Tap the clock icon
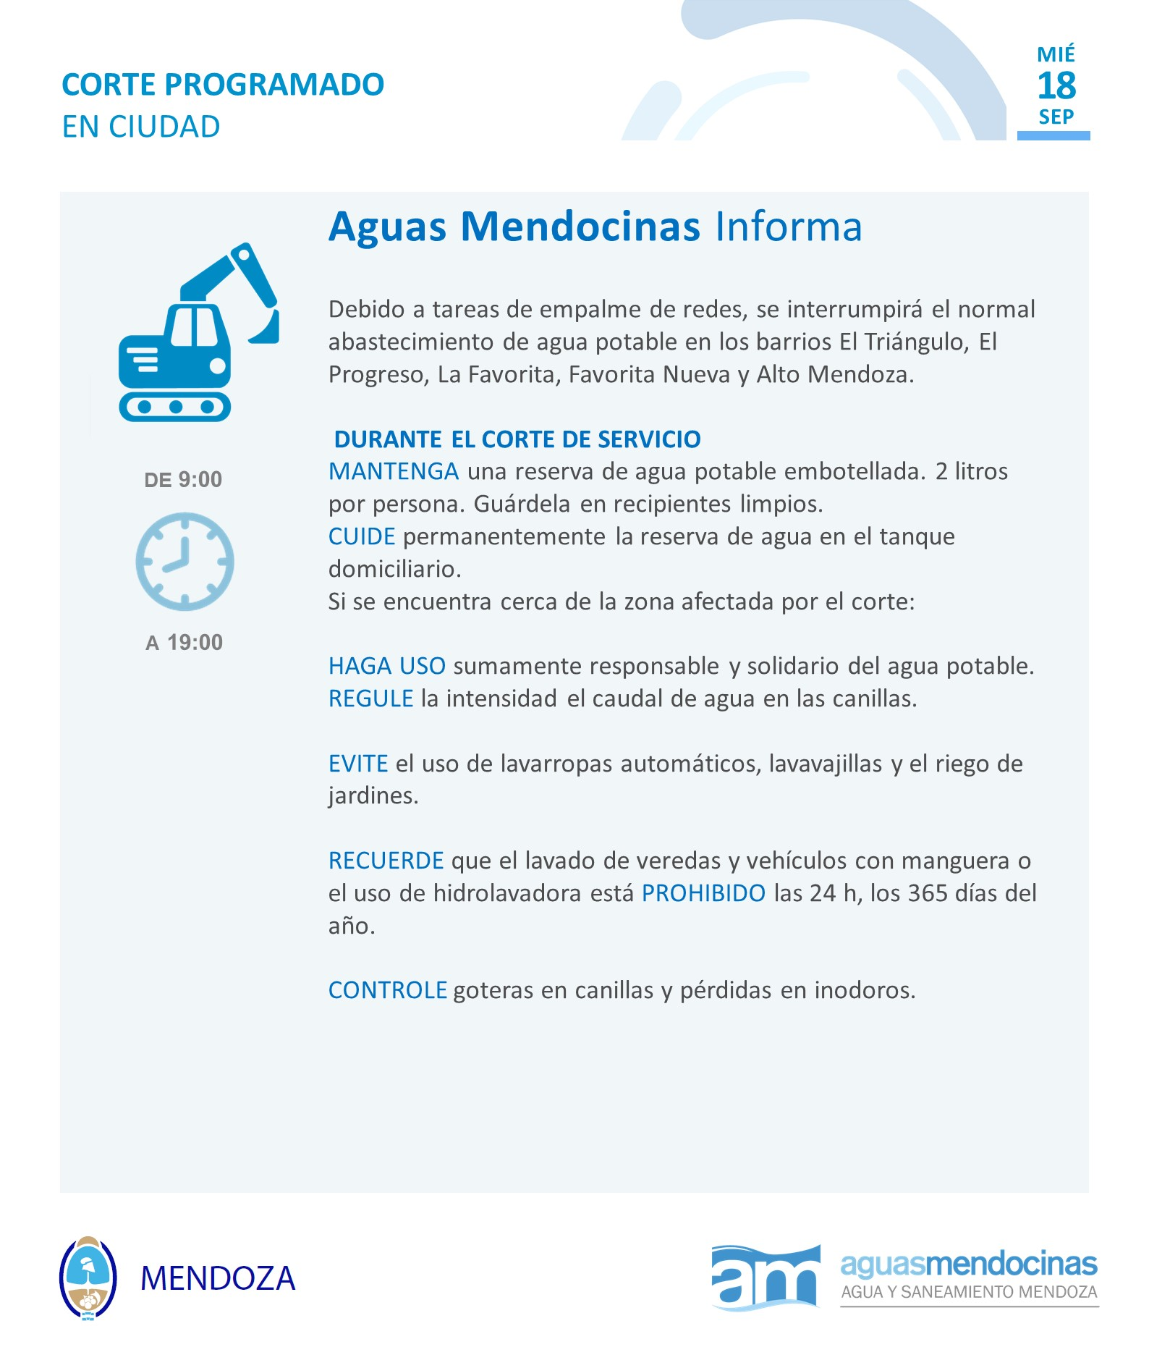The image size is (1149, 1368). (x=185, y=562)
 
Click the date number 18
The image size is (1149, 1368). (x=1056, y=86)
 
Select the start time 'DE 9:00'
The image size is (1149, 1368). (x=183, y=479)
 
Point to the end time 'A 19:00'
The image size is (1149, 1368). (x=185, y=642)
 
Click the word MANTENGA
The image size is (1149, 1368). (x=393, y=471)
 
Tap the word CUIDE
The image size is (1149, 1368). (x=361, y=536)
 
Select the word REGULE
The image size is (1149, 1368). (x=370, y=698)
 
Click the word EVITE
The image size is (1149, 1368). (x=357, y=764)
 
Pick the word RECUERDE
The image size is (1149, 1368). (x=386, y=861)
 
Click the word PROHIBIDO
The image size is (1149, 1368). (x=703, y=893)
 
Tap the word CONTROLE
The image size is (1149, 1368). (x=387, y=990)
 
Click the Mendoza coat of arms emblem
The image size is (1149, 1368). (x=88, y=1278)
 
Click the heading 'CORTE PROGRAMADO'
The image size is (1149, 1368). (x=223, y=85)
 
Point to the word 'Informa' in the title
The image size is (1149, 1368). (x=789, y=227)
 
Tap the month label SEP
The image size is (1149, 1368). (x=1056, y=117)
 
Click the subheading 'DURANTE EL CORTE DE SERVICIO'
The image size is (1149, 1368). (x=517, y=439)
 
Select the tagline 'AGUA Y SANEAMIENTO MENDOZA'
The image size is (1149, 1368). (x=969, y=1292)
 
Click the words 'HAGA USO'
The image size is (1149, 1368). (x=386, y=666)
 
